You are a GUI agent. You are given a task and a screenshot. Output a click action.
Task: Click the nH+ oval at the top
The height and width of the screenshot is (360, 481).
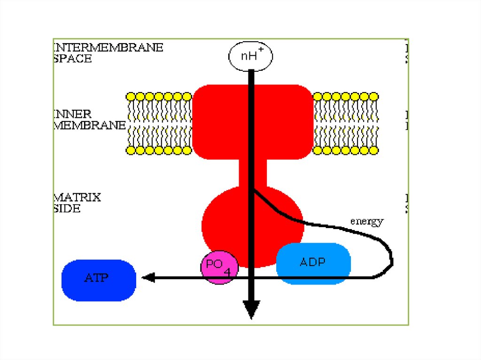coord(251,56)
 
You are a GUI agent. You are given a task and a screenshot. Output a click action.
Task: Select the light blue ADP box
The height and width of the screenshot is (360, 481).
coord(313,263)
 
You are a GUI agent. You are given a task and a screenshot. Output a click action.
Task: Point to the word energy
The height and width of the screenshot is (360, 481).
coord(367,222)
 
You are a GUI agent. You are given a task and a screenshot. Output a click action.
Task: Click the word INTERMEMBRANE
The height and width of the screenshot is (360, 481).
coord(109,48)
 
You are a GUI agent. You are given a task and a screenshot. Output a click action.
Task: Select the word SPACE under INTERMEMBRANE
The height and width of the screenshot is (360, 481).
coord(73,59)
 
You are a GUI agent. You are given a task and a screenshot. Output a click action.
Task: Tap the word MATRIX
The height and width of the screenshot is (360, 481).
coord(78,197)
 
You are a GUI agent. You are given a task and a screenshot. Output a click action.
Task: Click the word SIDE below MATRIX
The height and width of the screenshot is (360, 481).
coord(67,208)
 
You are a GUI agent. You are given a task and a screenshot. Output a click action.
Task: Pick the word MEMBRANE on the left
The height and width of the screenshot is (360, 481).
coord(90,125)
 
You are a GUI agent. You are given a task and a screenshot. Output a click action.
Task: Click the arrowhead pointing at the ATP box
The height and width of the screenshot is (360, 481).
coord(148,278)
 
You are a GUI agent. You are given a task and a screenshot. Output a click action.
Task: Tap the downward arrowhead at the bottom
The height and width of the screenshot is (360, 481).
coord(251,310)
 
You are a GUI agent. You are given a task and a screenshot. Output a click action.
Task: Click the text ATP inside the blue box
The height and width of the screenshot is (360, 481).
coord(96,278)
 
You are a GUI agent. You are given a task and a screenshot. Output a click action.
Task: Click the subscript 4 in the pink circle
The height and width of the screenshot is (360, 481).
coord(227,273)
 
